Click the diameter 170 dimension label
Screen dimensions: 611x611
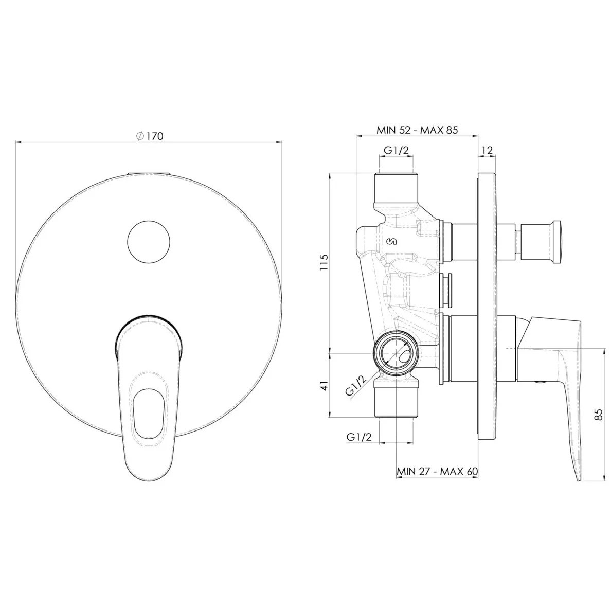point(150,136)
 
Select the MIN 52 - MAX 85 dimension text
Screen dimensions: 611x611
point(417,130)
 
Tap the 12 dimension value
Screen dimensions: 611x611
point(487,150)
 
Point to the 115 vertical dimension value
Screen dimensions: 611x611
point(324,262)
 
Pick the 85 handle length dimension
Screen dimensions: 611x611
point(599,415)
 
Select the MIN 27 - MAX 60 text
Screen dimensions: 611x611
point(437,471)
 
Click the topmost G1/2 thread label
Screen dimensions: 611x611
point(397,150)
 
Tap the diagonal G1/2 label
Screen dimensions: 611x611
point(356,386)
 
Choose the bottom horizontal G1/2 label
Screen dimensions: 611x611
point(359,437)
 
